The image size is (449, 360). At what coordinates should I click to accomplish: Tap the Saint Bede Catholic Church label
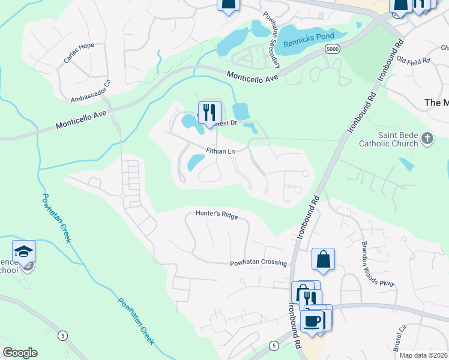pos(396,139)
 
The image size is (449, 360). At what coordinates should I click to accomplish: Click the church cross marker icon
pos(427,139)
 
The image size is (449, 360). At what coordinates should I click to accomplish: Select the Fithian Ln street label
pos(220,151)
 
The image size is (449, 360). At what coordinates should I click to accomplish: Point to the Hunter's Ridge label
pos(217,214)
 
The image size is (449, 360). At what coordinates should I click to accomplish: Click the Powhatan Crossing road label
pos(259,263)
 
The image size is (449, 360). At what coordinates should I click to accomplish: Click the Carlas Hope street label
pos(79,55)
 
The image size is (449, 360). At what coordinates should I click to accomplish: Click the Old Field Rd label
pos(414,61)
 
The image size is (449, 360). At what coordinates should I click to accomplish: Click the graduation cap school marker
pos(23,251)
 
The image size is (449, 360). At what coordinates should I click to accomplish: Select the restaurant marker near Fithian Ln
pos(209,112)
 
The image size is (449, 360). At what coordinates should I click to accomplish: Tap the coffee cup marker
pos(312,321)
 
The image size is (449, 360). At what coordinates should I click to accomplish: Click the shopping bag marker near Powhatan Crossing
pos(323,259)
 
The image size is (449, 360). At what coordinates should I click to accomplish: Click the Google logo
pos(20,353)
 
